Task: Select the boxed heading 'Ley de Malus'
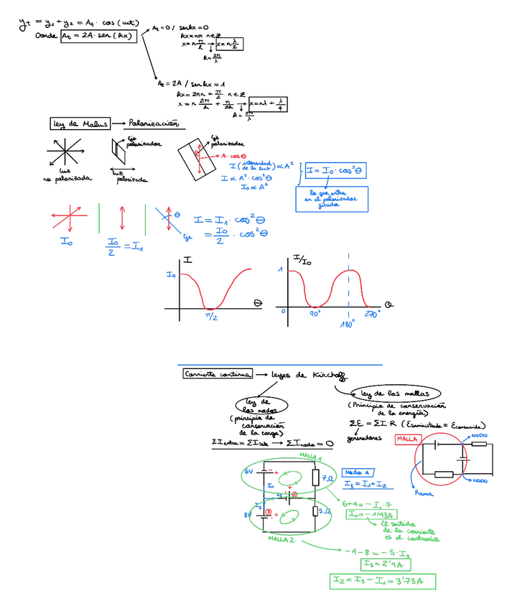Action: [x=80, y=124]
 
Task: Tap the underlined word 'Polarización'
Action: [x=153, y=124]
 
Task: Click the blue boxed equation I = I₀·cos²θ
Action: [x=335, y=171]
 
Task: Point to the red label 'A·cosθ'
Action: [x=234, y=156]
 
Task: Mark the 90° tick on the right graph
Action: [x=314, y=314]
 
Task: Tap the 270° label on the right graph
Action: [x=371, y=314]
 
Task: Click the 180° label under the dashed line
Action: [x=348, y=324]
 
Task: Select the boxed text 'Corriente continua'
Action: [x=217, y=373]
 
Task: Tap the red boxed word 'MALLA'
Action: [x=407, y=439]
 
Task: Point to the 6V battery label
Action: [x=248, y=472]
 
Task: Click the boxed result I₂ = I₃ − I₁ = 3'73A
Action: [x=383, y=580]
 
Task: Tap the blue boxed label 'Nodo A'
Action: [x=357, y=472]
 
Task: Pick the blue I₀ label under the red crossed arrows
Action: [x=66, y=242]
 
